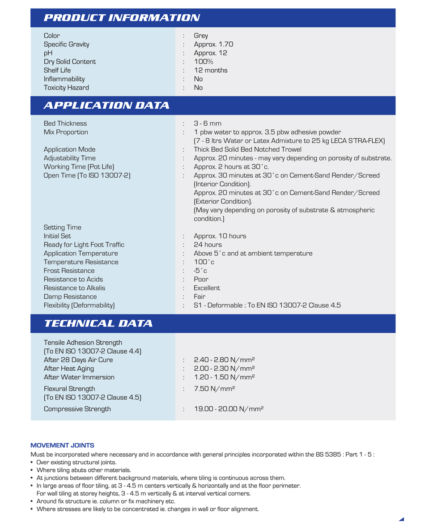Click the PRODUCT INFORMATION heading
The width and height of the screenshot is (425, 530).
[122, 18]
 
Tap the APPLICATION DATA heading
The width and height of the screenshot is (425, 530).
[106, 106]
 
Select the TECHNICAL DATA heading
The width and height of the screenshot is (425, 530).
[98, 323]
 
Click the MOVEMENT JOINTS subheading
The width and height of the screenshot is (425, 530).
[62, 445]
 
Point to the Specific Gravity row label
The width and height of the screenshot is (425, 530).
[66, 44]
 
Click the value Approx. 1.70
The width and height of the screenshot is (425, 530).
[213, 44]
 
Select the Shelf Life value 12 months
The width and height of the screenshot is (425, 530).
[210, 70]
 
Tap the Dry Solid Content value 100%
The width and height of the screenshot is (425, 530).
[204, 62]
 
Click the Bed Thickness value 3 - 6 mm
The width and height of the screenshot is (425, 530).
[208, 123]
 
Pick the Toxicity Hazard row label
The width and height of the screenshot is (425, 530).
[66, 88]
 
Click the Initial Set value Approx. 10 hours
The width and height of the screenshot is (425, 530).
[220, 236]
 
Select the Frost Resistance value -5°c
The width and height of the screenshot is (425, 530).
[200, 271]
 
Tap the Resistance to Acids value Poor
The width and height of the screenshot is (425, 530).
[201, 280]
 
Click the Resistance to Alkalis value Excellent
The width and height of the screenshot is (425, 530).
[207, 288]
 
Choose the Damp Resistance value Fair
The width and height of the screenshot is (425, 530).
[200, 297]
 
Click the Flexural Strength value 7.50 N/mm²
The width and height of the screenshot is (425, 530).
[214, 389]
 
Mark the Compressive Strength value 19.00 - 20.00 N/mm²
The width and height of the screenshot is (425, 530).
[229, 409]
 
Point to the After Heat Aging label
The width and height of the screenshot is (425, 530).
[69, 369]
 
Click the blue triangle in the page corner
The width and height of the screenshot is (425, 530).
[402, 519]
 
